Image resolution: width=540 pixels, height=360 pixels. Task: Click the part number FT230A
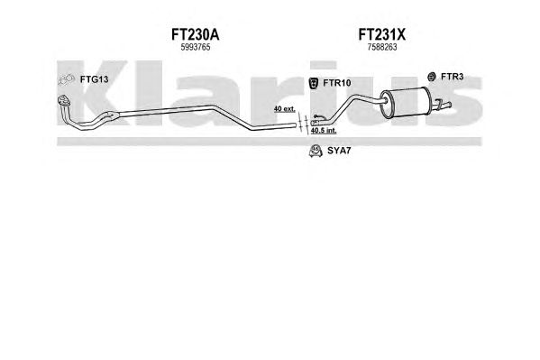click(195, 35)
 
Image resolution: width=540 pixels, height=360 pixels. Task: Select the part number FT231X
click(381, 35)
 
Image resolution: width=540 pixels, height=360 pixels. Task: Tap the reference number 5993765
click(196, 47)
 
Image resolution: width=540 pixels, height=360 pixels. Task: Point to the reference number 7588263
click(382, 47)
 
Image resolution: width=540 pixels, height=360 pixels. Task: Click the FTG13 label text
click(94, 79)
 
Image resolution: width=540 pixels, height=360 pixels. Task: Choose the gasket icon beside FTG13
click(66, 79)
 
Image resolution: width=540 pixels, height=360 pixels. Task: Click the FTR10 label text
click(337, 83)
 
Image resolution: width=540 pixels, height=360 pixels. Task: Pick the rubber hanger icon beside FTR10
click(314, 83)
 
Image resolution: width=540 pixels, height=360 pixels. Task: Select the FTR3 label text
click(452, 77)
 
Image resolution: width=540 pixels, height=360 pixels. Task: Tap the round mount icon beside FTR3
click(431, 77)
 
